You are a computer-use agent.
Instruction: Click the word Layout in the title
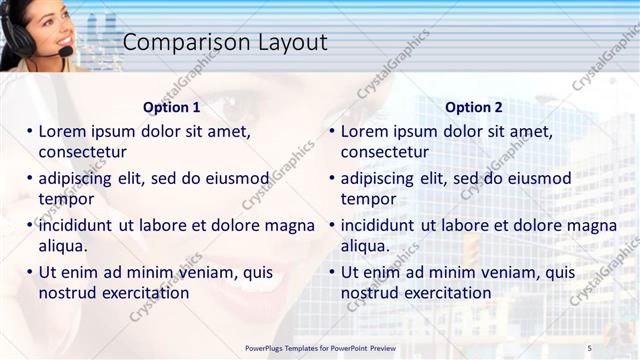286,42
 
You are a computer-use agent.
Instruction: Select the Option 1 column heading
171,107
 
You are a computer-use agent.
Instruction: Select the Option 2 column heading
473,107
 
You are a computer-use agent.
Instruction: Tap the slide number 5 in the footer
589,347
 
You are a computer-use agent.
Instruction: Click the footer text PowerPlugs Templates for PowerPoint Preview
320,347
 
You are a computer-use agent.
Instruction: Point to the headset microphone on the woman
65,51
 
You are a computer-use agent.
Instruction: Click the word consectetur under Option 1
82,152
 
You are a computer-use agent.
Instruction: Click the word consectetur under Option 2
384,152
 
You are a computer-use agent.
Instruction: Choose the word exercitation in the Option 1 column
142,293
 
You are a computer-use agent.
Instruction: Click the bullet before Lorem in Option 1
30,131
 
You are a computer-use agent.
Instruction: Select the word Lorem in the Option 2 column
363,131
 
